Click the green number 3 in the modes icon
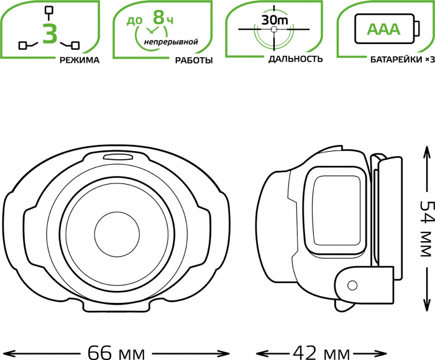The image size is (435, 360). pos(50,34)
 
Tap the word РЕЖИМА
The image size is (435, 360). pos(80,60)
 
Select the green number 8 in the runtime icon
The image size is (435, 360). pos(158,17)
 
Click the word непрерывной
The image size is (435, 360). pos(171,42)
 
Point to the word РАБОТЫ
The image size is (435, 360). pos(194,60)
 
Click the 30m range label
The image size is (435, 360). pos(275,20)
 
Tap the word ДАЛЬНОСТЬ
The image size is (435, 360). pos(295,59)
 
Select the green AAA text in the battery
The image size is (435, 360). pos(383,29)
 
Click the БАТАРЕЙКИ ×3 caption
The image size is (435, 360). pos(402,60)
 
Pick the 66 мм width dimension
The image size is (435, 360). pos(116,353)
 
